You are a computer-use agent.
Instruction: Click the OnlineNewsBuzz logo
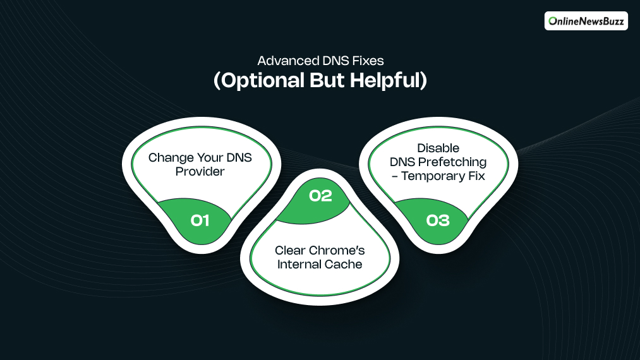(586, 21)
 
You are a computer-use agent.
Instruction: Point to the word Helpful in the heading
(387, 81)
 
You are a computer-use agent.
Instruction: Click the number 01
(200, 220)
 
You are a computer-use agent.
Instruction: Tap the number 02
(320, 196)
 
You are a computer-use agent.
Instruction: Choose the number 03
(438, 220)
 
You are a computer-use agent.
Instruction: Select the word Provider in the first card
(200, 171)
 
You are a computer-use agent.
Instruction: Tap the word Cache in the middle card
(345, 264)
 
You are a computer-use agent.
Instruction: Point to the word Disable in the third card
(438, 148)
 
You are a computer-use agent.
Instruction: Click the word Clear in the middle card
(289, 251)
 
